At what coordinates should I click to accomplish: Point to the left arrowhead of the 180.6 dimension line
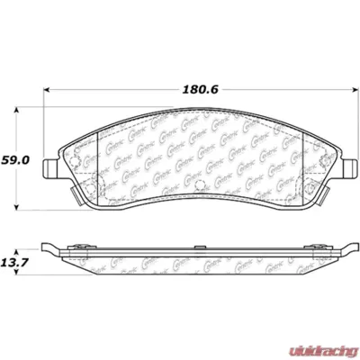(46, 91)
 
